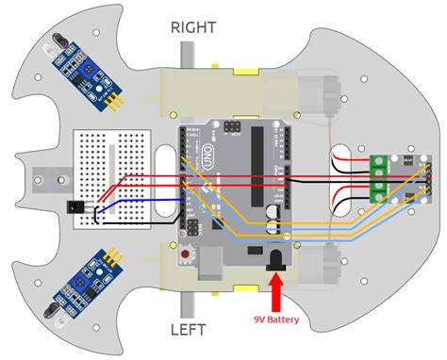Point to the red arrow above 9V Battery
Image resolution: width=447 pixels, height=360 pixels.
(x=277, y=292)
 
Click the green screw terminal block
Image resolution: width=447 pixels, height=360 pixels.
(x=379, y=176)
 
